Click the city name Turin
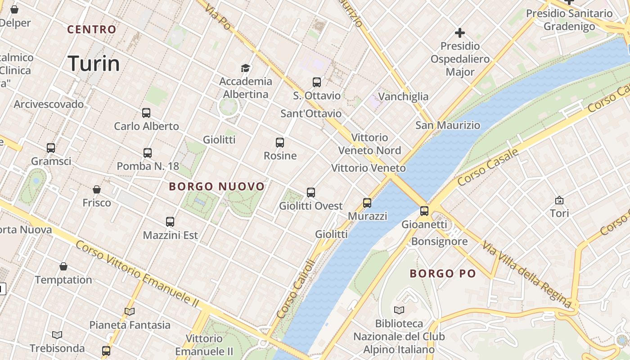tap(94, 63)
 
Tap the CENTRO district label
tap(92, 30)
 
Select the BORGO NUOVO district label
tap(217, 186)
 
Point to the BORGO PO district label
tap(443, 273)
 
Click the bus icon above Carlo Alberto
tap(146, 113)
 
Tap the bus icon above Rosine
tap(280, 143)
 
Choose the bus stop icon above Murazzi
tap(367, 203)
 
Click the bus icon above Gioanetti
tap(424, 211)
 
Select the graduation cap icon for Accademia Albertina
tap(245, 68)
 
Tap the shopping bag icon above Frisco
tap(96, 189)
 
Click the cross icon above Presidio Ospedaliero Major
tap(459, 33)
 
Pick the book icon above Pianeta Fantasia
tap(130, 311)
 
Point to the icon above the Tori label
tap(559, 200)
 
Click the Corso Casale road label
tap(488, 168)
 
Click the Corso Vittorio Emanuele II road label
tap(137, 274)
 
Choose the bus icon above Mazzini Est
tap(170, 222)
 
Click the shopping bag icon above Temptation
tap(63, 267)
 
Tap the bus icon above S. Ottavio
tap(317, 82)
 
